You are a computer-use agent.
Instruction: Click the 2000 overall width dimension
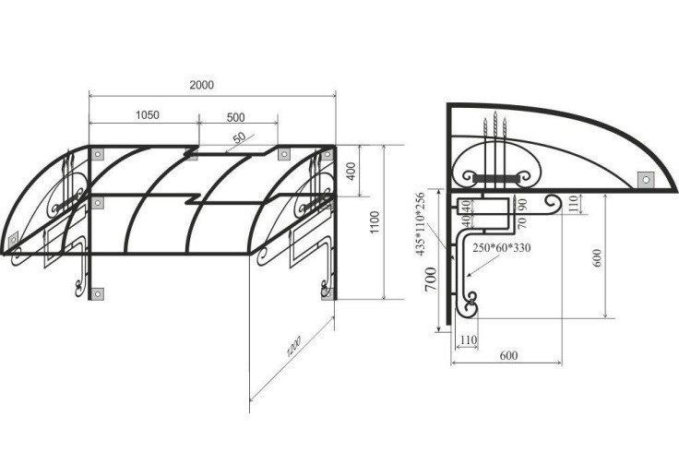[202, 85]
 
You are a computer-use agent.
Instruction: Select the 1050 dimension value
[148, 115]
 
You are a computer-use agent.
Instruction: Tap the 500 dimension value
[235, 117]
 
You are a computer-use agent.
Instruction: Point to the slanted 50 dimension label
[239, 137]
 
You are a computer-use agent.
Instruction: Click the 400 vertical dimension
[351, 171]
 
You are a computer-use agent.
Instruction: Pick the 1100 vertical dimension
[375, 222]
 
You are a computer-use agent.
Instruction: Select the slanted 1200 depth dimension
[293, 346]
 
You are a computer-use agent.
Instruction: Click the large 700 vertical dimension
[431, 279]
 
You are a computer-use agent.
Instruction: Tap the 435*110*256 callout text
[420, 224]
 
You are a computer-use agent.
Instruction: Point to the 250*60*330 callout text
[502, 248]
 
